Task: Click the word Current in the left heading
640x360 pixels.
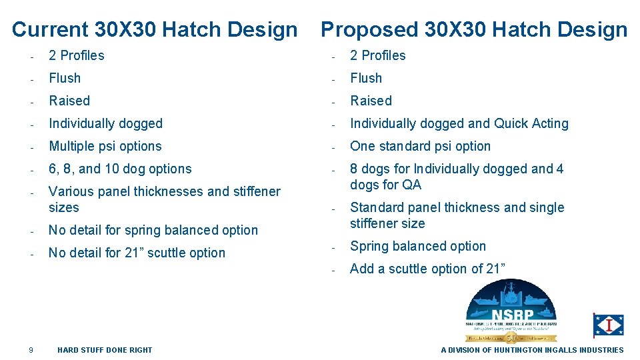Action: click(50, 30)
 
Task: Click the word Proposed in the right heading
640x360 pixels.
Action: click(369, 30)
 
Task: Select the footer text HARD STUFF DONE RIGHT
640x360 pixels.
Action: click(105, 350)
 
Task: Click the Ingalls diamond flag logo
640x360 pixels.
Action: click(608, 325)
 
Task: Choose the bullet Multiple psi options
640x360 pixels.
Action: click(105, 146)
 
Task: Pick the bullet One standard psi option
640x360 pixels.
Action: click(420, 146)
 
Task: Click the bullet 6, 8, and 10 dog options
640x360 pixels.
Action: click(120, 169)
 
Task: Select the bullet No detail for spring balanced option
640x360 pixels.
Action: click(153, 230)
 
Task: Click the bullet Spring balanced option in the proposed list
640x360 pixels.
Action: click(418, 246)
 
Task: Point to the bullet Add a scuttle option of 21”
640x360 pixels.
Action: click(427, 269)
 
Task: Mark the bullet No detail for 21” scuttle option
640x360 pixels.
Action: click(137, 253)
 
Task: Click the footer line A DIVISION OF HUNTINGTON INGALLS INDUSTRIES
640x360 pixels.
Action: click(532, 350)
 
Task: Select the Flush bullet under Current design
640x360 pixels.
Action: click(65, 78)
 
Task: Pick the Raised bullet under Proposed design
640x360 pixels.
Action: click(371, 101)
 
